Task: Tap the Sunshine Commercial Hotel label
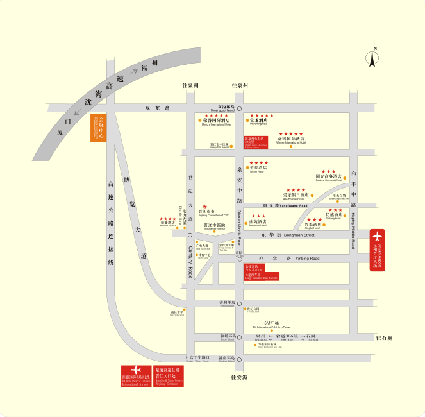tap(329, 176)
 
